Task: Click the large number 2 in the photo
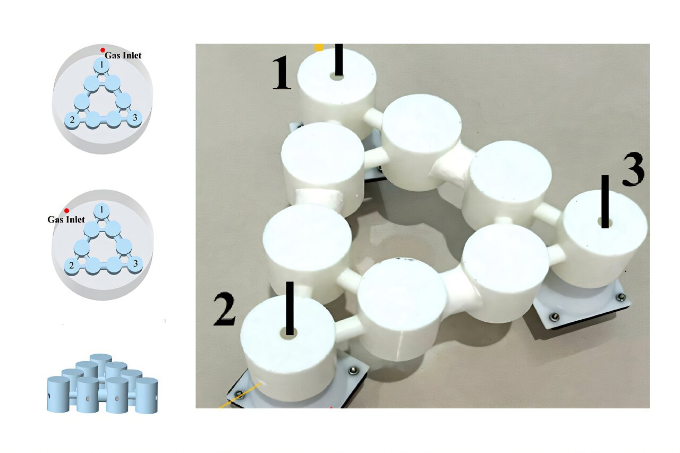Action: tap(225, 310)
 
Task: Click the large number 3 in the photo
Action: tap(633, 172)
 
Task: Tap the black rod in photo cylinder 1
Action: tap(339, 59)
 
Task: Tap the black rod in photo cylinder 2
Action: tap(290, 306)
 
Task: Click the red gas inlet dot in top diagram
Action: tap(103, 50)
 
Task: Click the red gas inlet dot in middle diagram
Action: tap(66, 211)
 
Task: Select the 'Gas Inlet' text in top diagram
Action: tap(123, 55)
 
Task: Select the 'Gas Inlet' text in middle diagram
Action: tap(66, 219)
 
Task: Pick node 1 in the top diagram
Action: tap(101, 65)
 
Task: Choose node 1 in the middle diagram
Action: tap(101, 211)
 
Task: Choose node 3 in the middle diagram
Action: tap(135, 263)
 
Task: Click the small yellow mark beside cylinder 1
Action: tap(318, 47)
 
